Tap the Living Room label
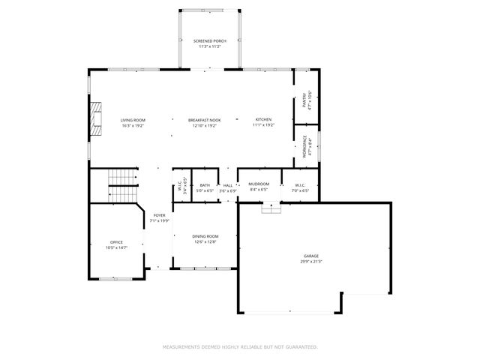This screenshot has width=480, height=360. (x=133, y=120)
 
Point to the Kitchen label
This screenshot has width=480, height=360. (x=262, y=120)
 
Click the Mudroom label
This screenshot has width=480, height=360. (x=259, y=184)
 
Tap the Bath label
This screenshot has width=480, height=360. (x=205, y=185)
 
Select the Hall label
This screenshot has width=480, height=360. (x=227, y=185)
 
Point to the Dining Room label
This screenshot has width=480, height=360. (x=205, y=236)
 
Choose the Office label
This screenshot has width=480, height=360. (x=116, y=242)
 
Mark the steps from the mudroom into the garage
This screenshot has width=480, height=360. (x=270, y=208)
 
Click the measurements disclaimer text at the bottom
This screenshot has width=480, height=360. (x=240, y=347)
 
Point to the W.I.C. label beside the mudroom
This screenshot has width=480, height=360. (x=300, y=184)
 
